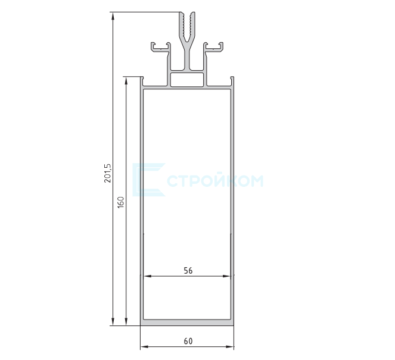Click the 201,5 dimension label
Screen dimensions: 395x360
107,173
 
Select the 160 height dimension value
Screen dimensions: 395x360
121,202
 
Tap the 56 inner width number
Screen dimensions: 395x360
188,271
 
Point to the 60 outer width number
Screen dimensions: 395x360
188,341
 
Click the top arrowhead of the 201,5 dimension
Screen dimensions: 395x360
113,16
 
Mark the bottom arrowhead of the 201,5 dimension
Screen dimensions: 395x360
113,321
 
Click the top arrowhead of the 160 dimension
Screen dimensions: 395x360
126,81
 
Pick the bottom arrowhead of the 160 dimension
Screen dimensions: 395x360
126,321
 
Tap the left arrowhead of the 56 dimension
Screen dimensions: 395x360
147,276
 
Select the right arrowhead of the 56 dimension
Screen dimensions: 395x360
227,276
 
